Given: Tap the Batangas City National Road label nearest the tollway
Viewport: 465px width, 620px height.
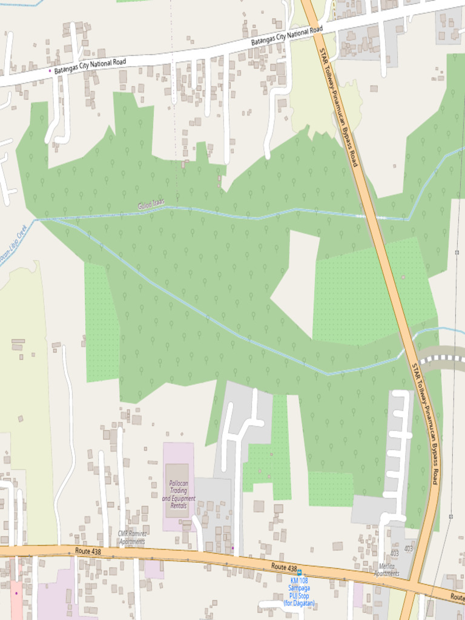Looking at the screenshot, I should click(x=286, y=36).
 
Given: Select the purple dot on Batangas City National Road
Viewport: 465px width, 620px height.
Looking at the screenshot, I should click(x=50, y=71).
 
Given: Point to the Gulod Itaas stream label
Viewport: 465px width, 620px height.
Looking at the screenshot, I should click(x=151, y=205).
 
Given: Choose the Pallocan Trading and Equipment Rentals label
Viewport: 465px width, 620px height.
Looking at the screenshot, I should click(x=179, y=494).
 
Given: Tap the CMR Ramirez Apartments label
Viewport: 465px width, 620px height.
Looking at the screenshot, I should click(x=131, y=537).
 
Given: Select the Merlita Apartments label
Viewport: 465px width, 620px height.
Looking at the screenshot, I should click(x=386, y=570).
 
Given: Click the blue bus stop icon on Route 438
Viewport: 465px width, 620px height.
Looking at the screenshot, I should click(x=299, y=572).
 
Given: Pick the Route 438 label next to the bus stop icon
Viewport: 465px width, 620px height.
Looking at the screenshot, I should click(x=283, y=567).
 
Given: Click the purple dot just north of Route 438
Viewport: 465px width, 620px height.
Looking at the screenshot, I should click(x=232, y=548).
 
